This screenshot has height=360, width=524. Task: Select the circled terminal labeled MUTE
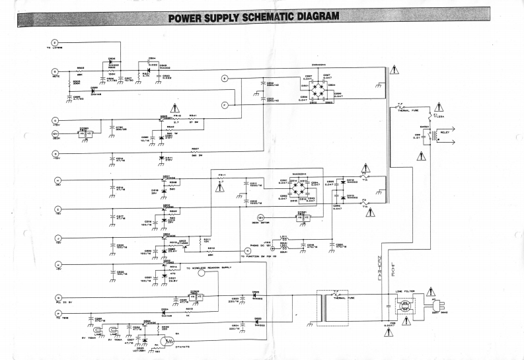coord(56,71)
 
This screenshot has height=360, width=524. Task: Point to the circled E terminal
coord(225,78)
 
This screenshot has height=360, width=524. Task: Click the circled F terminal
coord(225,104)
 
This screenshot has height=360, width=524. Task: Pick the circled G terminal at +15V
coord(56,121)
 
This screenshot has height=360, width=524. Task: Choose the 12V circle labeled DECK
coord(56,133)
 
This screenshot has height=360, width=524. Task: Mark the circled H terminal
coord(57,180)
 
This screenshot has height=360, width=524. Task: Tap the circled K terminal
coord(57,265)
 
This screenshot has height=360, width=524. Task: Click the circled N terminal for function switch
coord(247,250)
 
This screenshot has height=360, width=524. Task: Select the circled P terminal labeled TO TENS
coord(57,312)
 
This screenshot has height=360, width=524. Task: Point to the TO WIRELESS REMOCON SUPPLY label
coord(208,268)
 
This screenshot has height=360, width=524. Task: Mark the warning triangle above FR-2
coord(174,107)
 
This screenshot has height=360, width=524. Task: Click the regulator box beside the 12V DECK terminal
coord(85,133)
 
